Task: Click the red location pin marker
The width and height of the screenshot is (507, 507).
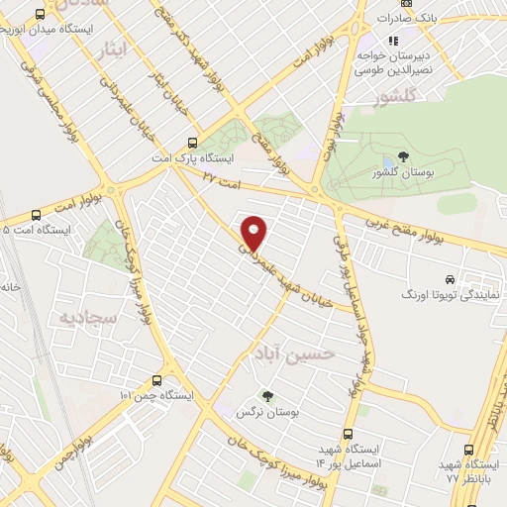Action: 254,232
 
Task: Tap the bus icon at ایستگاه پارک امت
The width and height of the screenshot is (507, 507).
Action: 194,142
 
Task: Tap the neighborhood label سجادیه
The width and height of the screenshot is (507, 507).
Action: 88,319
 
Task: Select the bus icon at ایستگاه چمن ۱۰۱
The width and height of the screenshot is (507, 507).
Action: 156,380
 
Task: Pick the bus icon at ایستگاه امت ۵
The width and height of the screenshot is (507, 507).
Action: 37,214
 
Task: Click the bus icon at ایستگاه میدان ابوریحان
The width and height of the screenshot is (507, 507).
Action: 40,15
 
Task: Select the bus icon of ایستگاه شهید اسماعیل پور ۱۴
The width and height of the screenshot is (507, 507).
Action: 348,433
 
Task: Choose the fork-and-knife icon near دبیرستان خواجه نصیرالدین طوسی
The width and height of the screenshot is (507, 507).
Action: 392,41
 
